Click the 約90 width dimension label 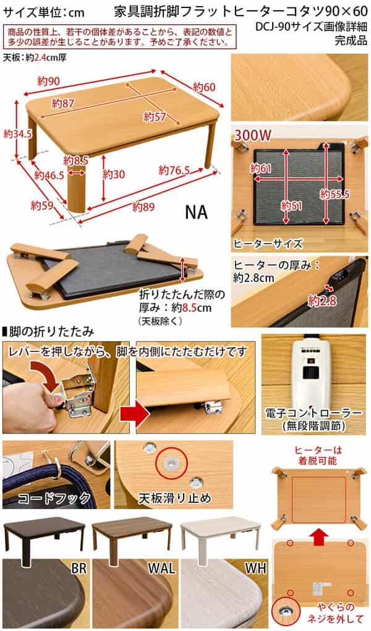click(49, 81)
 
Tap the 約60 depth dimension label click(204, 87)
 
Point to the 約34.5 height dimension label click(17, 134)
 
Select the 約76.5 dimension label click(174, 170)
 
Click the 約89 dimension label click(144, 207)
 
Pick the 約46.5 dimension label click(49, 175)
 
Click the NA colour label click(197, 212)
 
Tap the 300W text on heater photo click(253, 135)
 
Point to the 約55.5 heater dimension click(335, 194)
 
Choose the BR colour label click(79, 569)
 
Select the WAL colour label click(162, 569)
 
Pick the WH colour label click(255, 569)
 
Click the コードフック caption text click(54, 499)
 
